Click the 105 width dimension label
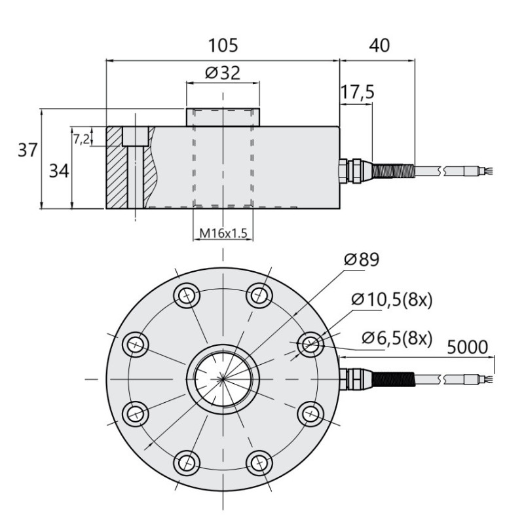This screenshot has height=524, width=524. pyautogui.click(x=223, y=45)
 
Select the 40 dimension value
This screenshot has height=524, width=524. pyautogui.click(x=379, y=45)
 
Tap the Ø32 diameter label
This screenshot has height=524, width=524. pyautogui.click(x=223, y=73)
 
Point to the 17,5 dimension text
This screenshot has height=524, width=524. pyautogui.click(x=357, y=92)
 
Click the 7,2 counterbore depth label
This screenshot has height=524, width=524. pyautogui.click(x=81, y=139)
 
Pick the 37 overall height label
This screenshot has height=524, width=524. pyautogui.click(x=28, y=150)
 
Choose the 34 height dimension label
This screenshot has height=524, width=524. pyautogui.click(x=59, y=171)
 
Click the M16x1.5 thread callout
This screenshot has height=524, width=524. pyautogui.click(x=223, y=233)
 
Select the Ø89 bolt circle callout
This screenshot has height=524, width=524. pyautogui.click(x=362, y=259)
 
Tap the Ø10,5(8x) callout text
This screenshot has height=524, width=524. pyautogui.click(x=392, y=300)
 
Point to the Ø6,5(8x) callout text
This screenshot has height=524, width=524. pyautogui.click(x=397, y=338)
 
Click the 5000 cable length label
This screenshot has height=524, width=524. pyautogui.click(x=467, y=347)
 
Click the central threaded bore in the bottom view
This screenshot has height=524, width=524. pyautogui.click(x=223, y=379)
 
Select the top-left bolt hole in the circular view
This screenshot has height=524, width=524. pyautogui.click(x=187, y=295)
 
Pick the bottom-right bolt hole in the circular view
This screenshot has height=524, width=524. pyautogui.click(x=259, y=463)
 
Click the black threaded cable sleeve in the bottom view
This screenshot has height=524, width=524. pyautogui.click(x=394, y=379)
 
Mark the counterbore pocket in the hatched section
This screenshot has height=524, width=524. pyautogui.click(x=136, y=136)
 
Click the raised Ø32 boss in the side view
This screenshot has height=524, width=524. pyautogui.click(x=223, y=117)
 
